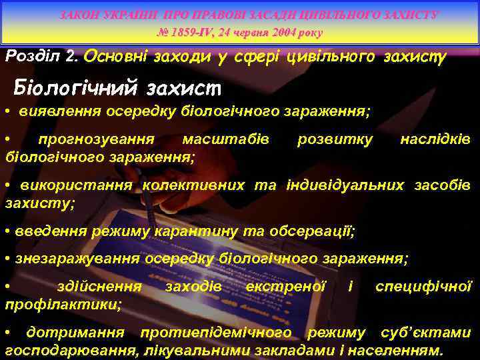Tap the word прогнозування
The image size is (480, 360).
96,139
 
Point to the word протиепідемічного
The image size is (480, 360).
234,332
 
